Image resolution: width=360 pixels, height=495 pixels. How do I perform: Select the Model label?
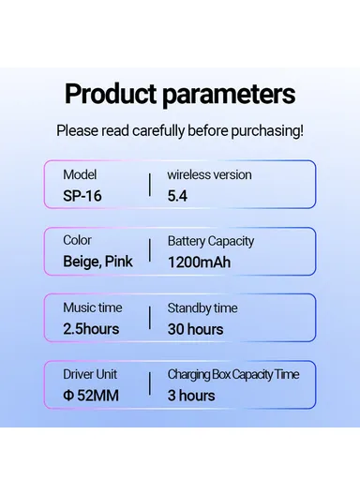tap(80, 175)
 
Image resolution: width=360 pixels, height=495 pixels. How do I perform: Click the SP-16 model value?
tap(83, 195)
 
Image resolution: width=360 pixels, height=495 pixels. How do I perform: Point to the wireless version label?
tap(209, 175)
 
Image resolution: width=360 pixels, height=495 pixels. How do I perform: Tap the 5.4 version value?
tap(178, 195)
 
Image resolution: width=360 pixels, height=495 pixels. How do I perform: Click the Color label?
tap(77, 241)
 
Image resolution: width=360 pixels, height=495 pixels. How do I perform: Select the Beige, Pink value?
tap(97, 262)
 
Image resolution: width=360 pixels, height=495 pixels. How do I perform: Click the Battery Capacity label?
tap(211, 241)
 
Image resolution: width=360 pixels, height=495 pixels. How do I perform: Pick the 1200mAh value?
tap(198, 262)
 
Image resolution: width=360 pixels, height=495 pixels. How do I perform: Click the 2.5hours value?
tap(91, 329)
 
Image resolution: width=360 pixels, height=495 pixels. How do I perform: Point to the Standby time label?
tap(202, 307)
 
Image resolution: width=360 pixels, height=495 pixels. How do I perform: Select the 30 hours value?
tap(195, 329)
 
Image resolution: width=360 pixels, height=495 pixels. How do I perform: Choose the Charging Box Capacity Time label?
tap(233, 374)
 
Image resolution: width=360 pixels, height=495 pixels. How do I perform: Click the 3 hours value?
tap(191, 396)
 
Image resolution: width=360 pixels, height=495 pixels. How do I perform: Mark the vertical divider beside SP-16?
tap(149, 184)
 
